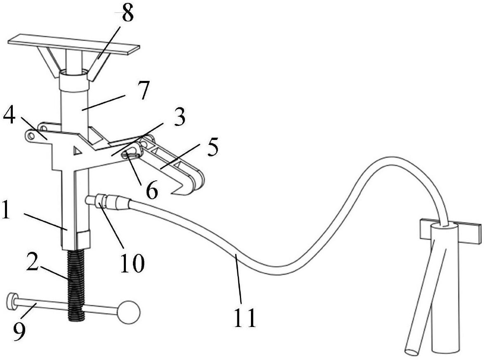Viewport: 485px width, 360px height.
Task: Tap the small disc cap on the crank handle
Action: click(x=12, y=301)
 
